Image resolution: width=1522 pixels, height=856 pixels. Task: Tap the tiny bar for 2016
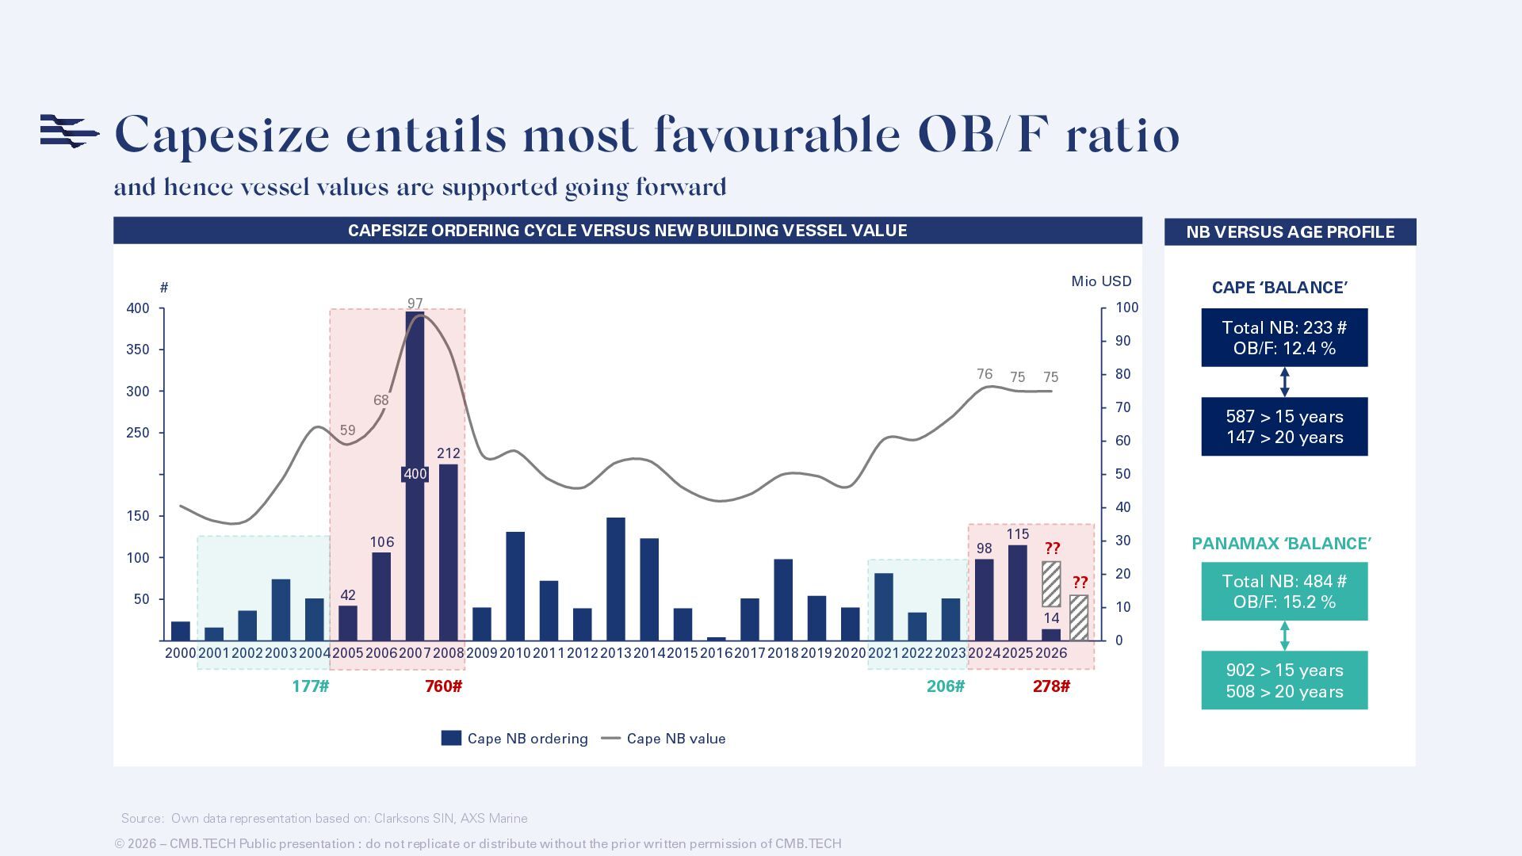click(716, 638)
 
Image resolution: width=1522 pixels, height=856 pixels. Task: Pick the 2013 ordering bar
click(616, 579)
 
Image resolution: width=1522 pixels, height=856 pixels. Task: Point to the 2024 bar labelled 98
click(984, 599)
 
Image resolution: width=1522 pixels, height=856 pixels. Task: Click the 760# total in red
click(443, 686)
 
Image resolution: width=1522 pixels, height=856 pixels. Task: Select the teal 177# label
click(310, 686)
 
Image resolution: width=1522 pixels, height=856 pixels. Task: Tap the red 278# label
click(1051, 686)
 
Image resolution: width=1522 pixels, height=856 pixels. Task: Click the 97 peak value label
click(415, 304)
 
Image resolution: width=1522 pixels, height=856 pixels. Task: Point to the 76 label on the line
click(985, 374)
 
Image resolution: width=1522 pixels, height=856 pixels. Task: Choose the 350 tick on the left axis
click(138, 350)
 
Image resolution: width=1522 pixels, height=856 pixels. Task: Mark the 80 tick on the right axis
click(1122, 374)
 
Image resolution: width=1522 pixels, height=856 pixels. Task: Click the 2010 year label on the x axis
click(515, 653)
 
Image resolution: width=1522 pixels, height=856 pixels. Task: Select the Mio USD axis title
click(1101, 281)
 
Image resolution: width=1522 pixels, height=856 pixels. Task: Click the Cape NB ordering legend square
click(451, 738)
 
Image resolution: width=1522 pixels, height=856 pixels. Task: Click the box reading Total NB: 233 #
click(1284, 338)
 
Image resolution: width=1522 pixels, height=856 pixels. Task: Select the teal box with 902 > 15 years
click(1284, 681)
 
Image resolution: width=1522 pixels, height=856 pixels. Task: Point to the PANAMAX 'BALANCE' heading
click(1282, 544)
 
